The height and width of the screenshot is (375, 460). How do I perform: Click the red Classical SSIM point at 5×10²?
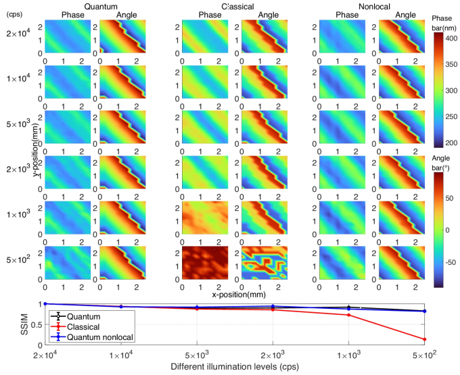pyautogui.click(x=423, y=339)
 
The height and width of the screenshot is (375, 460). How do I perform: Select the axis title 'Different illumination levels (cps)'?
pyautogui.click(x=234, y=367)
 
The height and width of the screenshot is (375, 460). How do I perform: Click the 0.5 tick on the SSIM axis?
pyautogui.click(x=37, y=324)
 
